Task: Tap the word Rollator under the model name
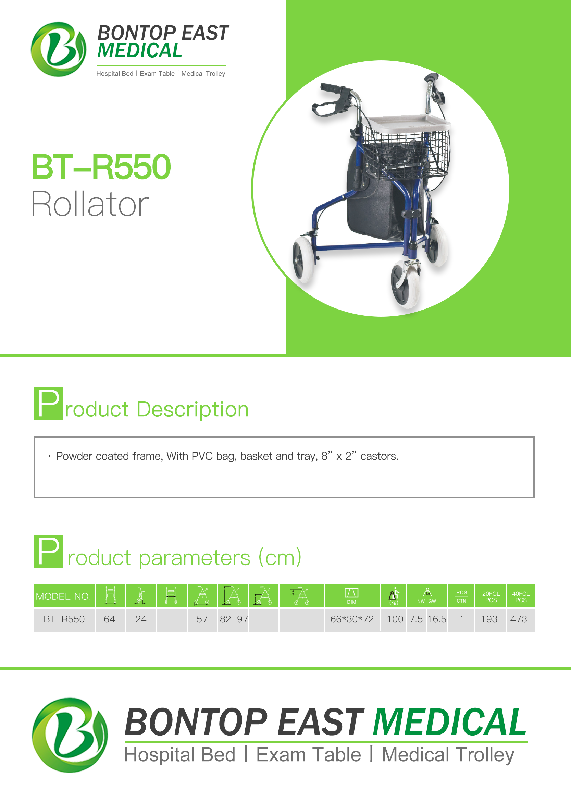tap(90, 204)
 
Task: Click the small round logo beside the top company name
tap(58, 49)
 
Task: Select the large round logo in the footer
tap(70, 735)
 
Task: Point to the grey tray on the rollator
tap(409, 124)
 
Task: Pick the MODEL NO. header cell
tap(64, 596)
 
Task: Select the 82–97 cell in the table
tap(234, 619)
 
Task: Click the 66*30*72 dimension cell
tap(352, 619)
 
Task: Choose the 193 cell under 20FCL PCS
tap(489, 619)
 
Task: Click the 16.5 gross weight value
tap(437, 619)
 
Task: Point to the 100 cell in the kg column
tap(395, 619)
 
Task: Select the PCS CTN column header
tap(461, 596)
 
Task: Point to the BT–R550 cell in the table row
tap(64, 619)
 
